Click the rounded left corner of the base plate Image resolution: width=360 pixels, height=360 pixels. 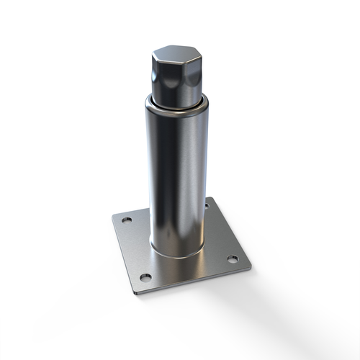pos(114,217)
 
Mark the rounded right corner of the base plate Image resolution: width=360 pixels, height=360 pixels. pos(248,267)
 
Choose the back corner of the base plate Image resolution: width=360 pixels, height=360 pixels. pos(210,199)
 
